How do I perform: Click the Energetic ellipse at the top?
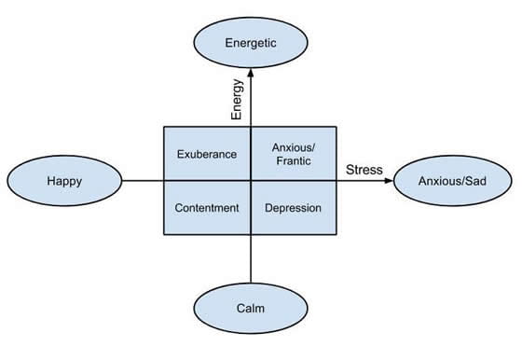pos(251,43)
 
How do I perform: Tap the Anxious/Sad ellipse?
pos(452,181)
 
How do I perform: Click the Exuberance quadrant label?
pos(207,154)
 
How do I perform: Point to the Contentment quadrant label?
pos(207,207)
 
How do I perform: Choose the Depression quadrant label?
pos(295,207)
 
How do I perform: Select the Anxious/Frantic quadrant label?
pos(295,154)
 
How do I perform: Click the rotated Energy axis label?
pos(237,100)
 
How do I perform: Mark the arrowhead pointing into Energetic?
pos(251,75)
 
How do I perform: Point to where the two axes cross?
pos(251,181)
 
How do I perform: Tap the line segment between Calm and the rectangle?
pos(251,260)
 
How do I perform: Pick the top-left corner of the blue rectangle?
pos(165,127)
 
